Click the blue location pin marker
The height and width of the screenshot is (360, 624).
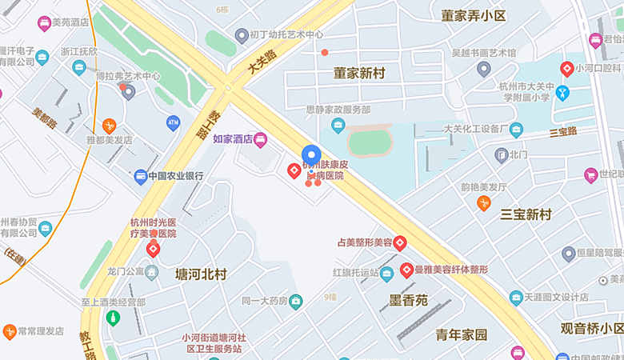(x=311, y=155)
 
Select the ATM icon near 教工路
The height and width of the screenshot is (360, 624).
(x=173, y=122)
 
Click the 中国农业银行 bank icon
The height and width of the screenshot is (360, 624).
(x=141, y=176)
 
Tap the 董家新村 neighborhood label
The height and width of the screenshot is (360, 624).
(x=359, y=74)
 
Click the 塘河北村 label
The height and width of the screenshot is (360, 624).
(x=201, y=274)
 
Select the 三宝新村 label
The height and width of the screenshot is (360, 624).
(x=526, y=214)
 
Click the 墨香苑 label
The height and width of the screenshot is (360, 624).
(x=408, y=301)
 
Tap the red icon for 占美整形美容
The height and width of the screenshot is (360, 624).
(x=400, y=242)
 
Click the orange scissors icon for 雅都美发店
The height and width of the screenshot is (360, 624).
(x=109, y=125)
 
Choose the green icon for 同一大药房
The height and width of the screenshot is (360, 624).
(x=296, y=301)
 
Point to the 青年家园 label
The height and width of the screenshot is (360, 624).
(x=461, y=334)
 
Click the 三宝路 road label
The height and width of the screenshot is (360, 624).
(x=563, y=131)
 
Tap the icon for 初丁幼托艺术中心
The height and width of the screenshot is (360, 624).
(x=242, y=35)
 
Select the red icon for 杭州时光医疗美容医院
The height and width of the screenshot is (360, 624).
(x=153, y=249)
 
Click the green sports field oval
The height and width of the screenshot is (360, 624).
(x=370, y=143)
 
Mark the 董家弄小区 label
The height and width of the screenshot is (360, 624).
(x=474, y=16)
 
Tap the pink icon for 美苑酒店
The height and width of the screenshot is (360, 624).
(x=44, y=22)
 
